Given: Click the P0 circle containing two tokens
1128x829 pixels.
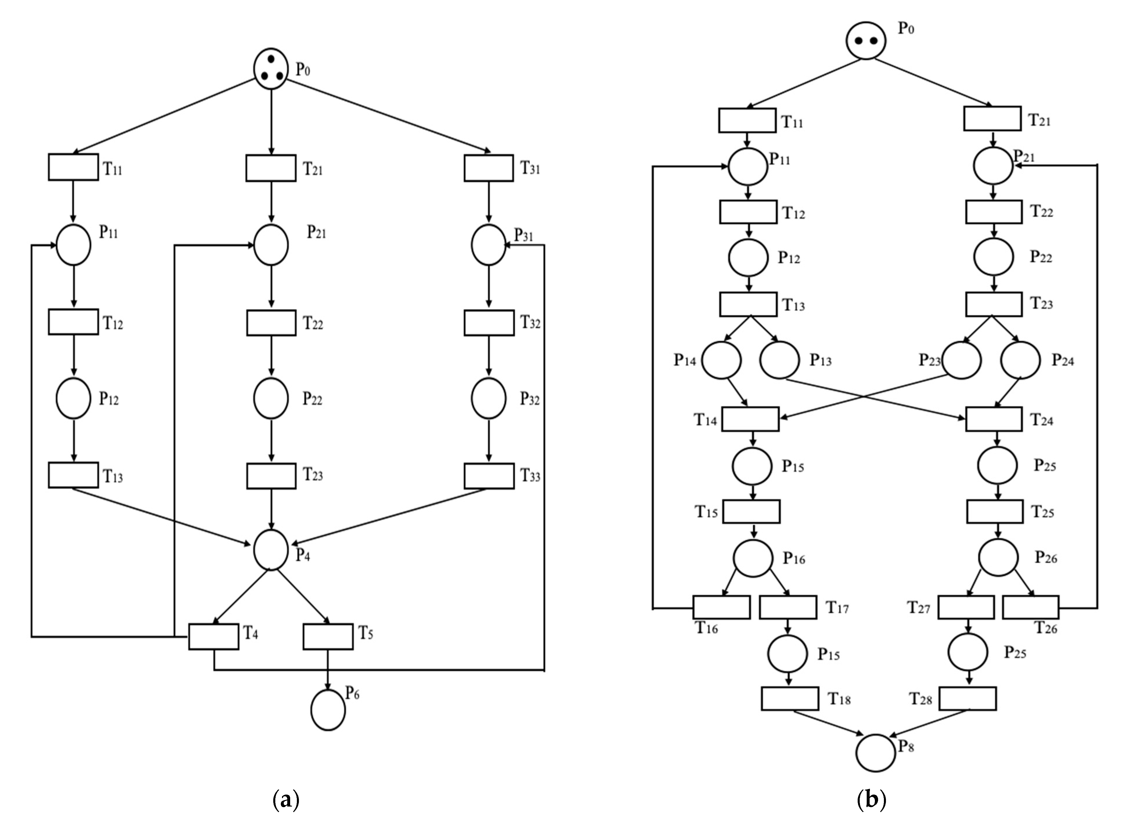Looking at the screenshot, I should click(x=866, y=40).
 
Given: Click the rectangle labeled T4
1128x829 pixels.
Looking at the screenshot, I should click(x=214, y=636).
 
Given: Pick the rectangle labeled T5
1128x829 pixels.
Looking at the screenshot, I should click(x=328, y=636).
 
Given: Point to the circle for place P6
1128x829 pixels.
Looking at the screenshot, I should click(x=328, y=709).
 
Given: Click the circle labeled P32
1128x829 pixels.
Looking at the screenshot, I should click(x=488, y=398).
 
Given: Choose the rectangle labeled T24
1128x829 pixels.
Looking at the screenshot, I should click(x=994, y=419).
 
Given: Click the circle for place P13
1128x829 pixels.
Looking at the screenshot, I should click(x=779, y=360).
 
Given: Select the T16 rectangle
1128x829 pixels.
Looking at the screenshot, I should click(x=721, y=607).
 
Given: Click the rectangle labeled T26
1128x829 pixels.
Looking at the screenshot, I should click(x=1031, y=607).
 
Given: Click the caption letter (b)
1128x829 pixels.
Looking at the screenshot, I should click(x=871, y=799).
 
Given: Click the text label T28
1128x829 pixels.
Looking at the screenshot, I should click(x=920, y=699).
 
